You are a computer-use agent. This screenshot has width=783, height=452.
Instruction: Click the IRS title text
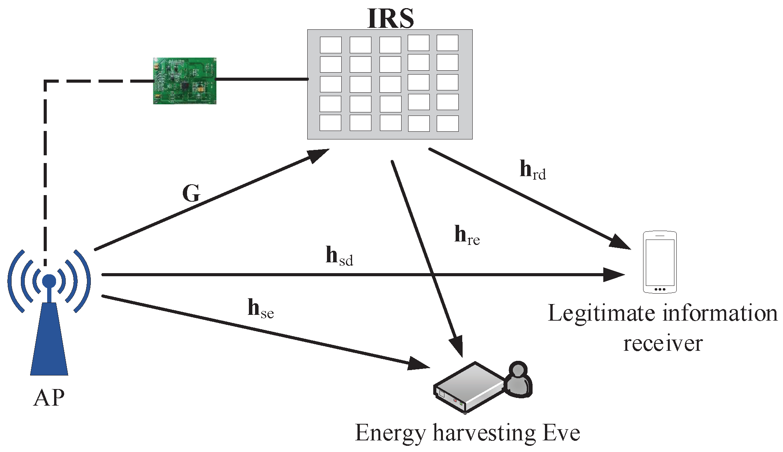click(390, 18)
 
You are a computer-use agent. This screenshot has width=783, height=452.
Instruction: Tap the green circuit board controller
click(184, 81)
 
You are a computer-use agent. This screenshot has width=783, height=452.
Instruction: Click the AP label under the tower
click(49, 398)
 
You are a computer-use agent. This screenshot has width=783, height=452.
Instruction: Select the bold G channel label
click(191, 193)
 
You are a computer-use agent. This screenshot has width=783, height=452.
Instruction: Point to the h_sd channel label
click(339, 256)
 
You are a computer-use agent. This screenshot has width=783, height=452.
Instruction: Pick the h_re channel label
click(466, 236)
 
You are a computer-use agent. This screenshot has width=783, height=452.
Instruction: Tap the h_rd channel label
click(532, 170)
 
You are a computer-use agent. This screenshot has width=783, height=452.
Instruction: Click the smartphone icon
click(659, 262)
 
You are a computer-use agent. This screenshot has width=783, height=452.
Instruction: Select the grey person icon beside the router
click(518, 380)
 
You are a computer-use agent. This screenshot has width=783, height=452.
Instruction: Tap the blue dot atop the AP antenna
click(49, 281)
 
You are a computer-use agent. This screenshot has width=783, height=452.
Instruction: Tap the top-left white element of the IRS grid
click(330, 45)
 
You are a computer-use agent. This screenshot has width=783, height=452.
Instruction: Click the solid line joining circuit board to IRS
click(262, 79)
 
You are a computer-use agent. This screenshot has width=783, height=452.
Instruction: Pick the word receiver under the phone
click(662, 343)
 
